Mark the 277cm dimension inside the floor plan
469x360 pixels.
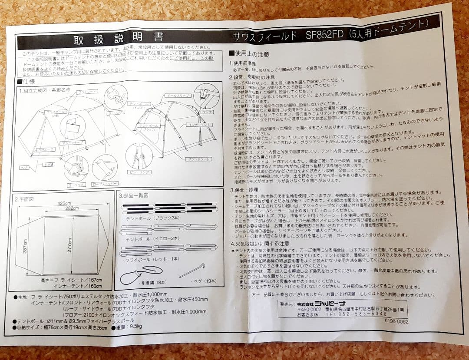[x=69, y=246]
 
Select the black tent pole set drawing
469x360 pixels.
[x=169, y=209]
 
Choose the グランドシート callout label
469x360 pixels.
[x=199, y=159]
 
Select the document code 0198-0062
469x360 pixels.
[x=396, y=322]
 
